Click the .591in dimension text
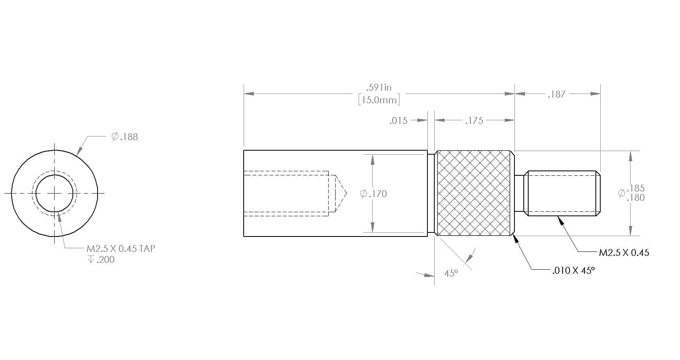[378, 87]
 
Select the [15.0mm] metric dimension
[379, 100]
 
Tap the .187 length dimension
[557, 94]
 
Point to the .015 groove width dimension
[399, 121]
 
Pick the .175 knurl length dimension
[474, 121]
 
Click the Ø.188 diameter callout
[125, 137]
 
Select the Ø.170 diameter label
[373, 194]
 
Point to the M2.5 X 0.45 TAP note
[121, 249]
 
